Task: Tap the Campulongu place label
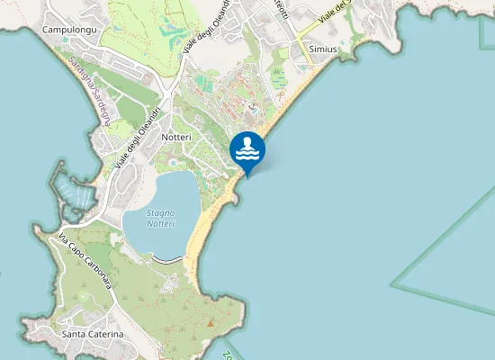(69, 30)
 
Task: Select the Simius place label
(322, 49)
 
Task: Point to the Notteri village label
(176, 137)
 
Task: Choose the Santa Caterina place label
(93, 334)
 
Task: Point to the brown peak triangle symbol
(211, 321)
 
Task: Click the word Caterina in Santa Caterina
(106, 334)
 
